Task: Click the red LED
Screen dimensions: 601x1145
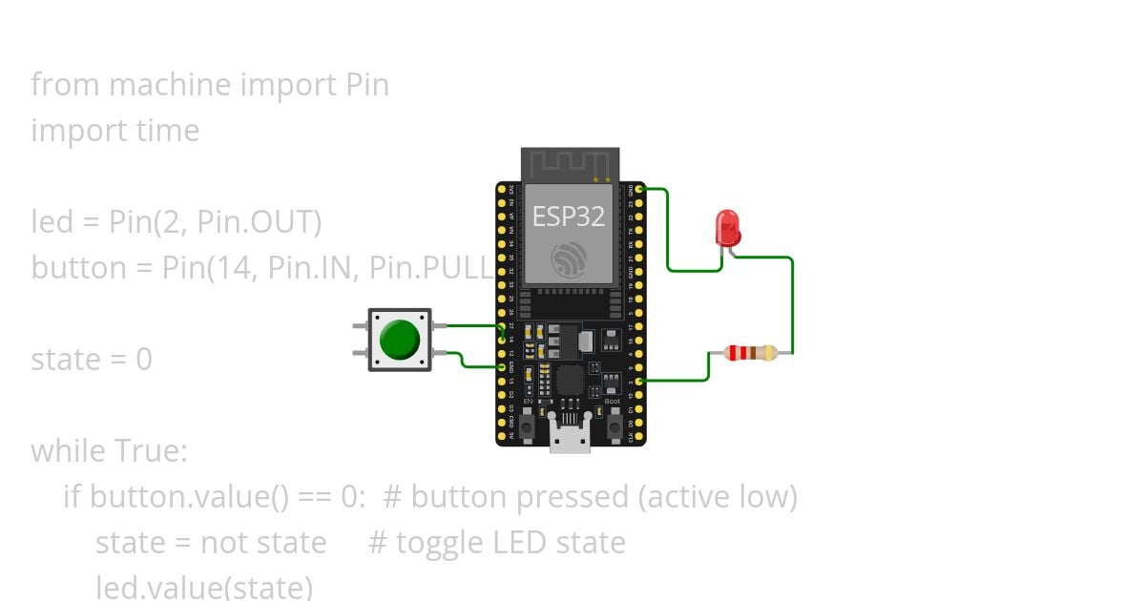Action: [x=727, y=228]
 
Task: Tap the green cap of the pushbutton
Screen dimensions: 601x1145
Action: [x=399, y=340]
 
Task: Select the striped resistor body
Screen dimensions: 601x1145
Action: [x=750, y=353]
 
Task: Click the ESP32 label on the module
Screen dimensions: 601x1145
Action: [x=568, y=217]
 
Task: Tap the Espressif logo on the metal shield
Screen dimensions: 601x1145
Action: [x=569, y=258]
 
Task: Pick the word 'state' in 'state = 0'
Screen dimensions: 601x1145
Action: [x=65, y=360]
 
